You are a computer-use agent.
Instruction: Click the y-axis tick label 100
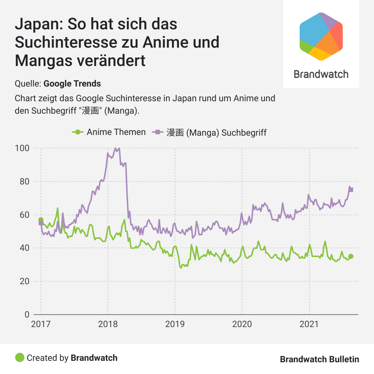coord(22,148)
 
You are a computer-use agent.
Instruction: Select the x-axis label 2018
coord(108,324)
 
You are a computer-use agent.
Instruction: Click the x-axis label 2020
coord(242,324)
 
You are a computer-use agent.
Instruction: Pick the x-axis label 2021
coord(309,324)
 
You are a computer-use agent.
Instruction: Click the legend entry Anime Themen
coord(116,132)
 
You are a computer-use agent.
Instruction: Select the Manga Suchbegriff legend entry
coord(216,132)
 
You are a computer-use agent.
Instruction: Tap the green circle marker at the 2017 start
coord(41,220)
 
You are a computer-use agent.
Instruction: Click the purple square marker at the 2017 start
coord(41,223)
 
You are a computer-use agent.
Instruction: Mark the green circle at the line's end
coord(351,256)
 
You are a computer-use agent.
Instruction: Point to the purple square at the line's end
coord(351,190)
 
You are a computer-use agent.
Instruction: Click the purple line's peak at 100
coord(116,148)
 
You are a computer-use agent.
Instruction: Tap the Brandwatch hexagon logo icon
coord(321,36)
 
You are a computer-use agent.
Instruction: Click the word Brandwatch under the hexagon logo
coord(321,74)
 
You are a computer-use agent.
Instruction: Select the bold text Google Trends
coord(72,84)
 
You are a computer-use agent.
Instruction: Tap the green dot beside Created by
coord(19,357)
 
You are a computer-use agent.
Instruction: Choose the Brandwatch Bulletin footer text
coord(319,359)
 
